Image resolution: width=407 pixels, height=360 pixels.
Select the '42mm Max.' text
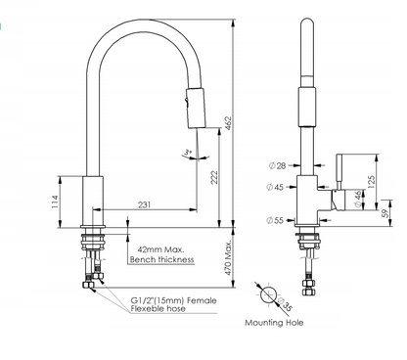tap(162, 249)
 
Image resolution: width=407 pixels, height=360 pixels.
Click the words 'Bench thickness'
tap(162, 261)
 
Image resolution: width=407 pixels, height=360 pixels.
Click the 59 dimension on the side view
tap(384, 213)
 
